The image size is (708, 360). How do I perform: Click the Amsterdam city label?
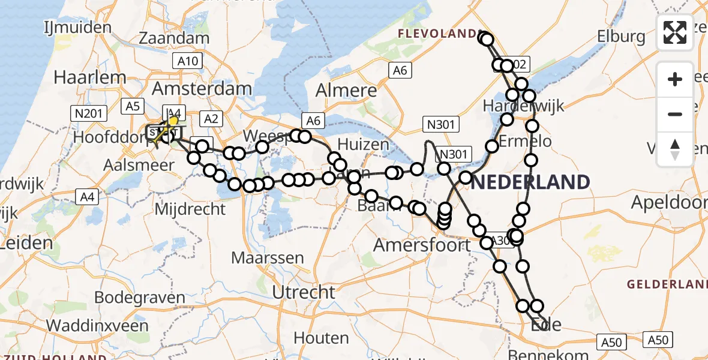[x=202, y=88]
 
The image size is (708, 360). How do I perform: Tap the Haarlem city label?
[x=90, y=77]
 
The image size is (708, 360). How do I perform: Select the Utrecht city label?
[x=304, y=292]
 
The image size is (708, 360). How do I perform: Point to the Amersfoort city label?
[x=422, y=245]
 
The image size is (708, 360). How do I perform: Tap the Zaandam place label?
[x=174, y=38]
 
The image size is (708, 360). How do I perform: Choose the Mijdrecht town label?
[x=190, y=209]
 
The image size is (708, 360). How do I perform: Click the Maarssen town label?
[x=268, y=259]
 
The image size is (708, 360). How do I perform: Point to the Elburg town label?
[x=621, y=37]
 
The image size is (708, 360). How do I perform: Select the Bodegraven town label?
[x=140, y=298]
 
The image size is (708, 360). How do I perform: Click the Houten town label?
[x=321, y=338]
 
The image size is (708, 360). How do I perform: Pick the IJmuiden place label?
[x=78, y=27]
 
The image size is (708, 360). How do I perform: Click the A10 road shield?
[x=188, y=61]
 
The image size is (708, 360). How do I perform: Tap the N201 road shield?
[x=88, y=113]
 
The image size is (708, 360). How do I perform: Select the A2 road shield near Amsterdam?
[x=211, y=119]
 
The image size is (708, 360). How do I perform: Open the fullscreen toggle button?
[x=675, y=32]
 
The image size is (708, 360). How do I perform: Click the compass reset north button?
[x=675, y=148]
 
